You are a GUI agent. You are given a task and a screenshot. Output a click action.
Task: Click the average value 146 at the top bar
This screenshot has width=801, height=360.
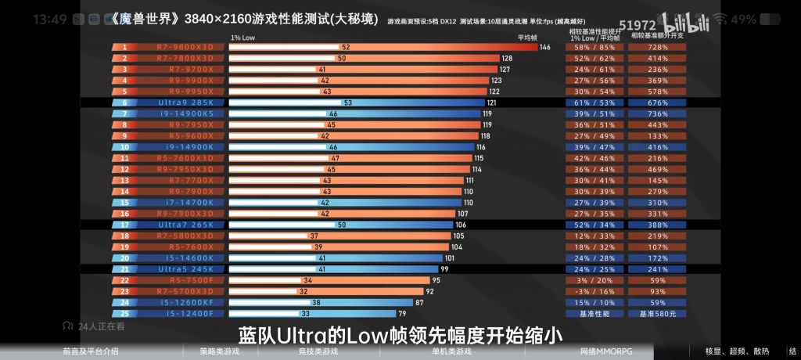pyautogui.click(x=544, y=47)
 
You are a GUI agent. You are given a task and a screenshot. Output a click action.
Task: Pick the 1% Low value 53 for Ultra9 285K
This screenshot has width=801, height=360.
pyautogui.click(x=347, y=103)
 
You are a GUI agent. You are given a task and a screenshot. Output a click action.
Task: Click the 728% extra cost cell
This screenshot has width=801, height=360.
pyautogui.click(x=657, y=47)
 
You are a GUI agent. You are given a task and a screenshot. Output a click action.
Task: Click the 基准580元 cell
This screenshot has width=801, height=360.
pyautogui.click(x=657, y=313)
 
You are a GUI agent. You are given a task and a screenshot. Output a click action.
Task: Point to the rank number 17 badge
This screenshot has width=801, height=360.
pyautogui.click(x=124, y=225)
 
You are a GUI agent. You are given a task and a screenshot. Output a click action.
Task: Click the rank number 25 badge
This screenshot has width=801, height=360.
pyautogui.click(x=124, y=313)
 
